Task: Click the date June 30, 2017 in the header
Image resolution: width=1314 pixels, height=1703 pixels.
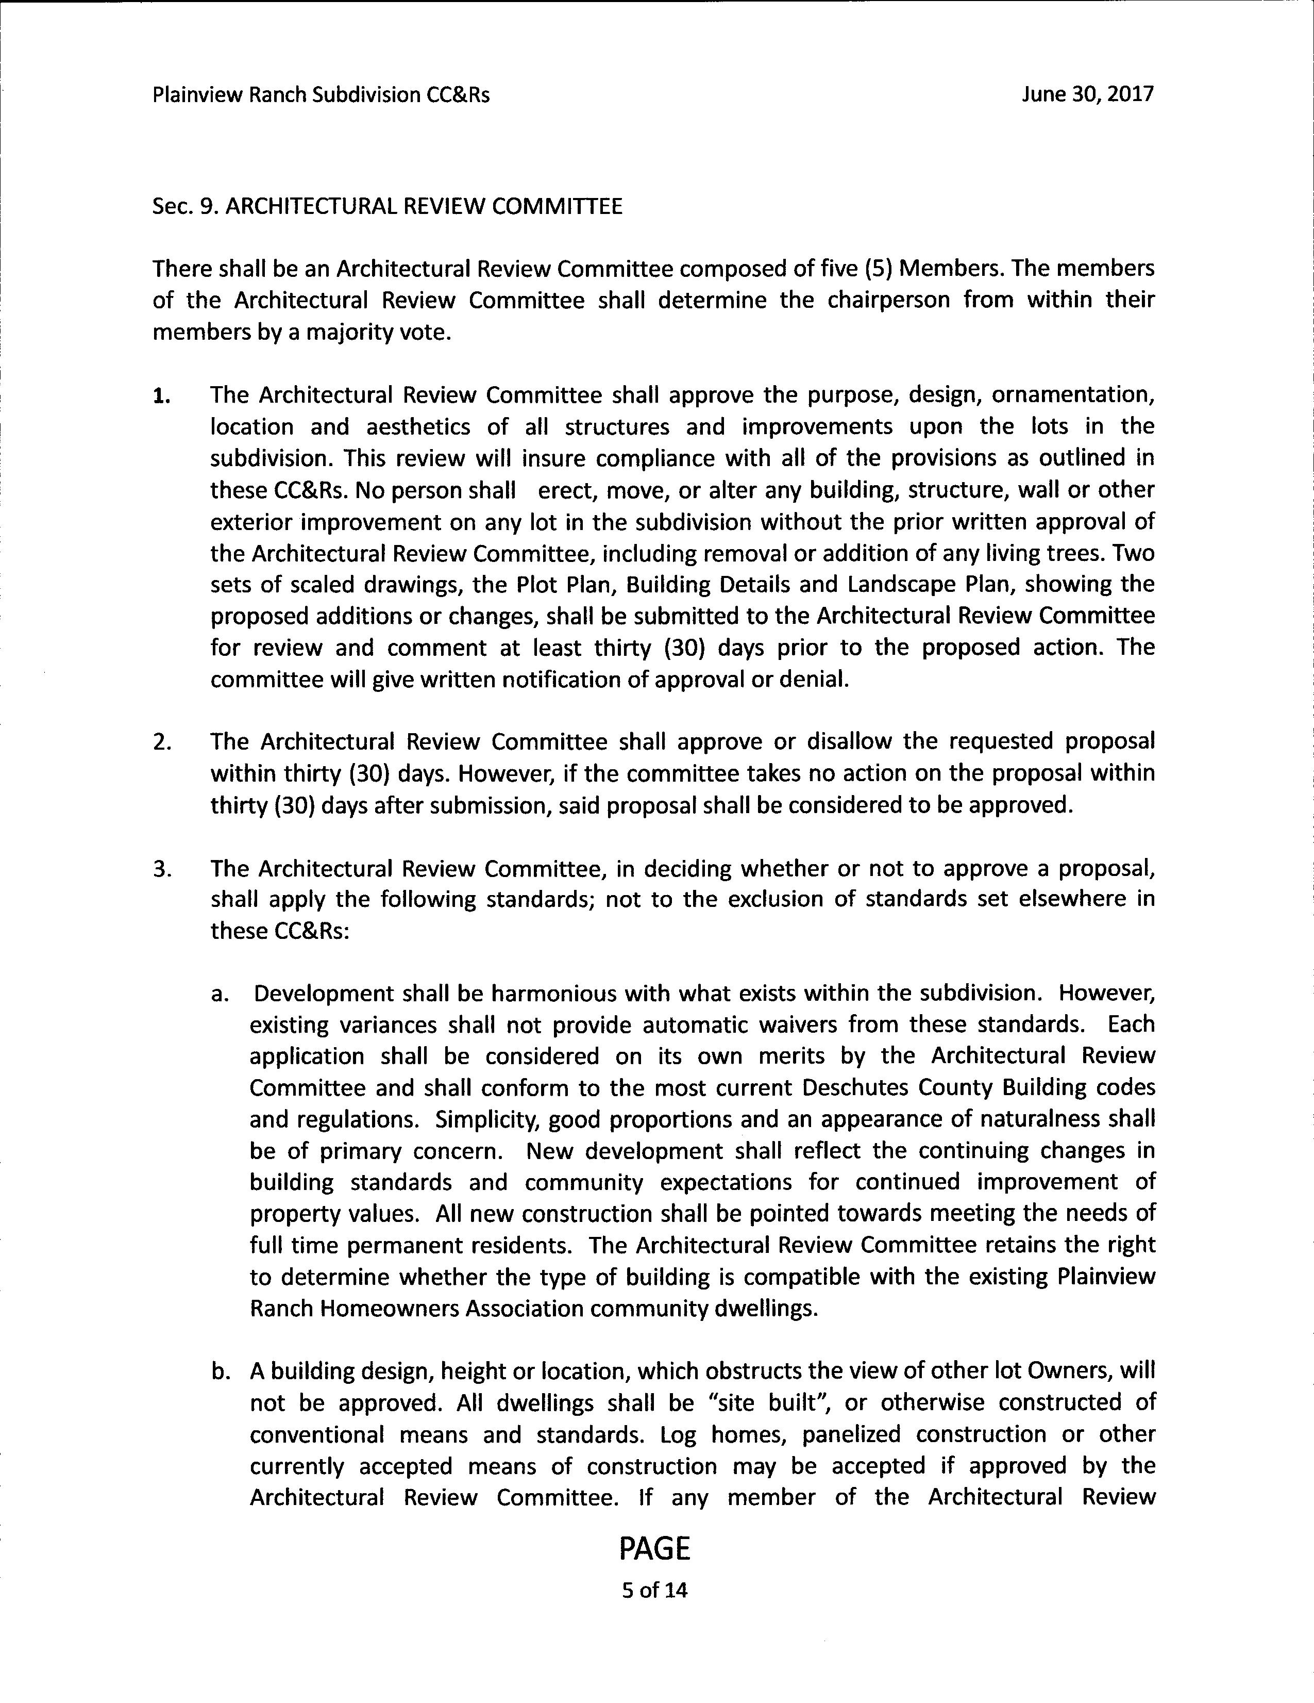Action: (1087, 94)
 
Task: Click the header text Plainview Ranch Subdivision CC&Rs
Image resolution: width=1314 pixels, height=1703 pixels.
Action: (321, 95)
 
